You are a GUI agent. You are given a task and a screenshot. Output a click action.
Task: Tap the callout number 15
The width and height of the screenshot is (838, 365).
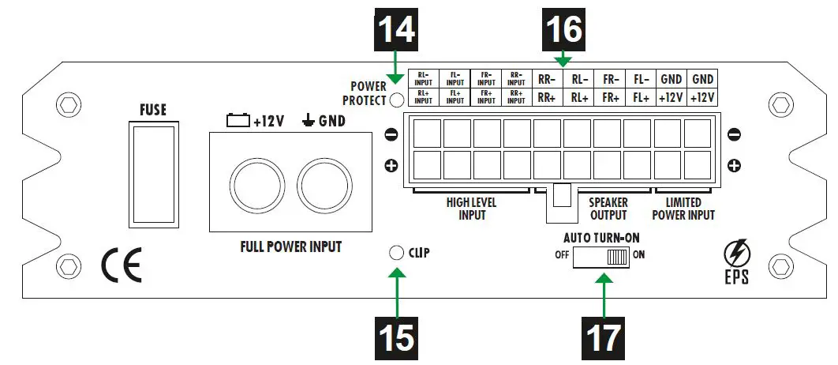point(397,337)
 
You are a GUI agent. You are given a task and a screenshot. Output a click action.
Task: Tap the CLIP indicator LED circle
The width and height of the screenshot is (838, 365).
point(397,253)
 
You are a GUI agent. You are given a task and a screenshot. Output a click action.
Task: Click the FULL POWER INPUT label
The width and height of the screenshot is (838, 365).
point(290,246)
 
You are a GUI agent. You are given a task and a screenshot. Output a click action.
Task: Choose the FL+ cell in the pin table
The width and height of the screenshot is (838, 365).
point(639,98)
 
